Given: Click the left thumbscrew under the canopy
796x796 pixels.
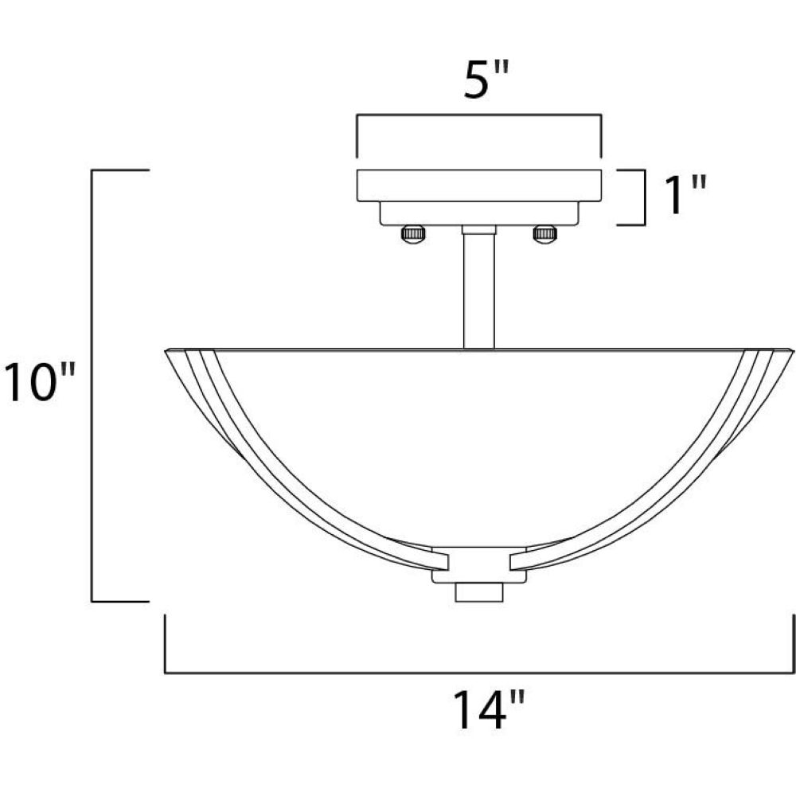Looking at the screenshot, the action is [414, 236].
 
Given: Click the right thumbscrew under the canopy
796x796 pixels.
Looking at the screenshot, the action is [546, 235].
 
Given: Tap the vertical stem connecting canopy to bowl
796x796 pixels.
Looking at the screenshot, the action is [479, 291].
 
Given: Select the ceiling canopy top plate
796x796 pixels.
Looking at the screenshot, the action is [479, 185].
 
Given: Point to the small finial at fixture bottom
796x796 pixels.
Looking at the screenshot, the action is [479, 592].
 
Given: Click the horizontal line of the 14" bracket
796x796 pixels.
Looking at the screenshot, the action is [479, 673].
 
